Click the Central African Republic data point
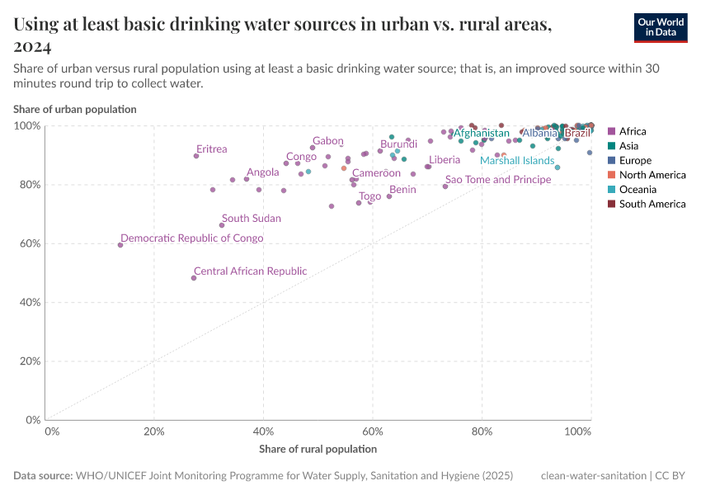pos(194,278)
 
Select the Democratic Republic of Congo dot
pos(120,245)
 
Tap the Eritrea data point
pos(196,156)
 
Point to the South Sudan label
pos(251,219)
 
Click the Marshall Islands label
pos(517,161)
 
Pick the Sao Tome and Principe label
pos(497,180)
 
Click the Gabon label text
pos(327,141)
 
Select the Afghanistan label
pos(482,133)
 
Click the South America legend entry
pos(652,204)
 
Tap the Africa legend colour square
pos(611,131)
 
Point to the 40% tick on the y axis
pos(29,303)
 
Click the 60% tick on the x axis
pos(373,431)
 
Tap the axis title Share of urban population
pos(74,109)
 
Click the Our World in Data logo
pos(661,26)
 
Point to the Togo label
pos(369,196)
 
